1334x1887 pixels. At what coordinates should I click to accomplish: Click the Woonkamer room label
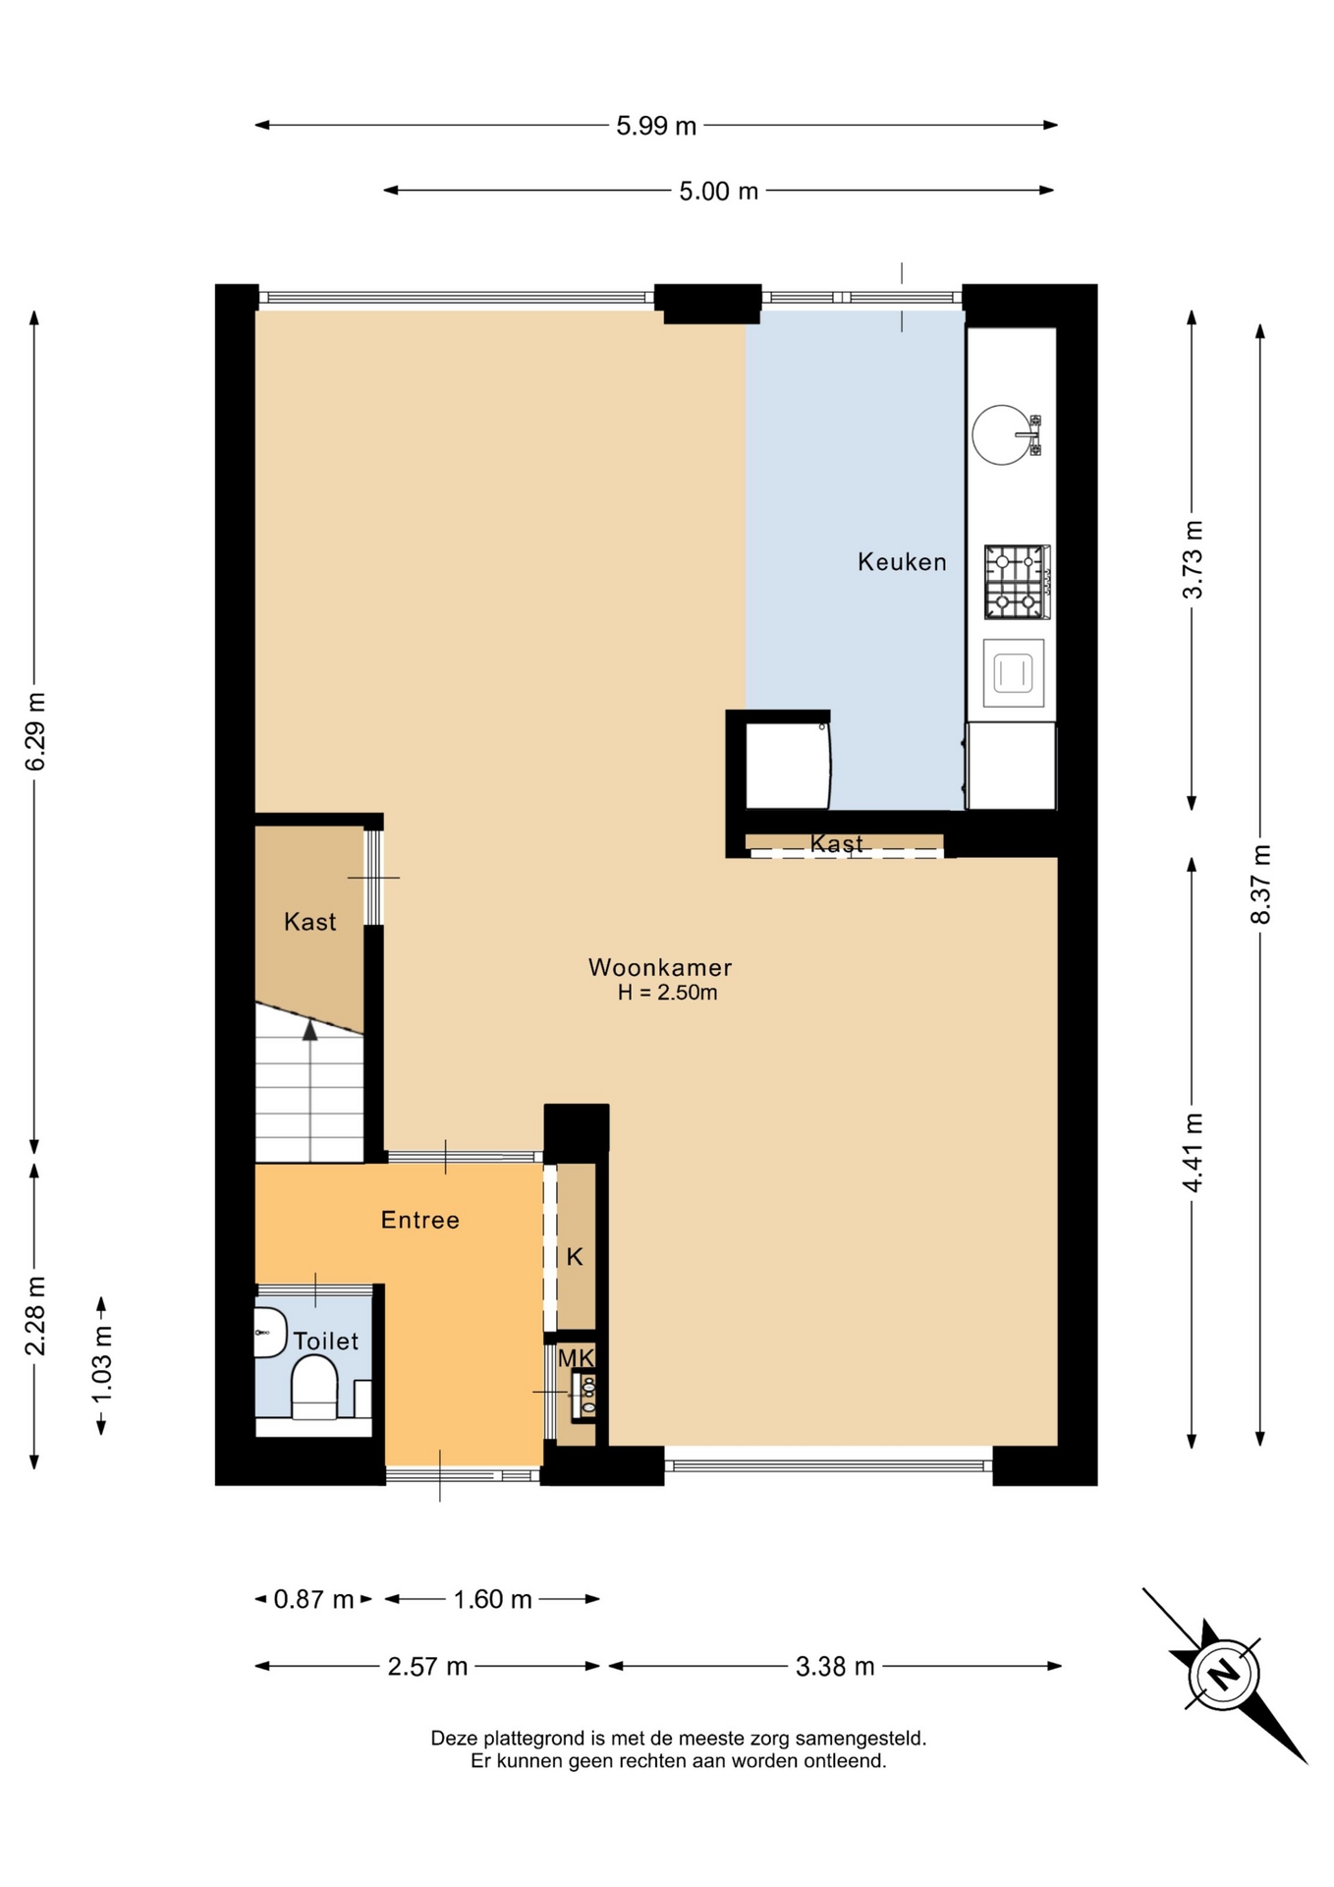pos(660,967)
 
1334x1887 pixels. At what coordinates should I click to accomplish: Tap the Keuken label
pos(902,562)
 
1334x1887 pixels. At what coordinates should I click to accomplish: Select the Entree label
pos(420,1220)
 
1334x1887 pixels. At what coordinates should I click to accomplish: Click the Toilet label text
pos(326,1341)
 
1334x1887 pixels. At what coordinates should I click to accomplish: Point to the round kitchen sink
pos(1002,434)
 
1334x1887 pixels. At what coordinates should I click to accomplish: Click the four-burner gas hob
pos(1017,582)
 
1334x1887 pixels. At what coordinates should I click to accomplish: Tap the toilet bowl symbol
pos(314,1387)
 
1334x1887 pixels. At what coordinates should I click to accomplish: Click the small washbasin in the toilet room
pos(269,1333)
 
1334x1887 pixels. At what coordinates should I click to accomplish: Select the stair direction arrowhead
pos(310,1030)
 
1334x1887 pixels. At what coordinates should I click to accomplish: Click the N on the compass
pos(1223,1673)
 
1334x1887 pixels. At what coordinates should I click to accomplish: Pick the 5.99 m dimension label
pos(656,126)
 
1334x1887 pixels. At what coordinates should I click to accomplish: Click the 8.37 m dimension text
pos(1260,884)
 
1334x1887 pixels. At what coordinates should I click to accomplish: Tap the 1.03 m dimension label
pos(101,1365)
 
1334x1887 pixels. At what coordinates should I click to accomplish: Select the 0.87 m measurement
pos(313,1599)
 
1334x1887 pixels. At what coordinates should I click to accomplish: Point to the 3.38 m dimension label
pos(835,1666)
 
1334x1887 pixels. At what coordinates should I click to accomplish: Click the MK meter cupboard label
pos(576,1358)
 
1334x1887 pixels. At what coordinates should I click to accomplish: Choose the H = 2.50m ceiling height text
pos(667,993)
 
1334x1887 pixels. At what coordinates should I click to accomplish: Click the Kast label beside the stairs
pos(309,922)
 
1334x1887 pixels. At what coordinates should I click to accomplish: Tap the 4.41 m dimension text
pos(1193,1152)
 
